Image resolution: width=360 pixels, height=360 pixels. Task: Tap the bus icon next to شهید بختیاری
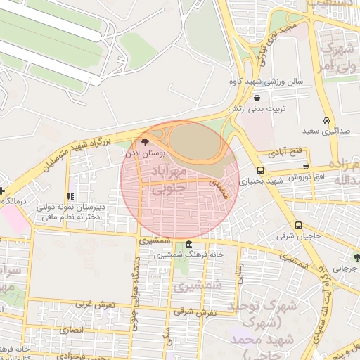261,170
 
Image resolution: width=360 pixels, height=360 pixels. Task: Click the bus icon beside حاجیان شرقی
299,226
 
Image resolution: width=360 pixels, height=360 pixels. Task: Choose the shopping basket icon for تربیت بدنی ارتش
258,98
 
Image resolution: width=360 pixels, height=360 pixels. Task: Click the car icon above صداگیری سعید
326,120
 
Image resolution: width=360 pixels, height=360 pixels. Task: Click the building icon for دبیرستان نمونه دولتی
69,196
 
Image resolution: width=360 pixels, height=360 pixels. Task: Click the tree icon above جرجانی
356,257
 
